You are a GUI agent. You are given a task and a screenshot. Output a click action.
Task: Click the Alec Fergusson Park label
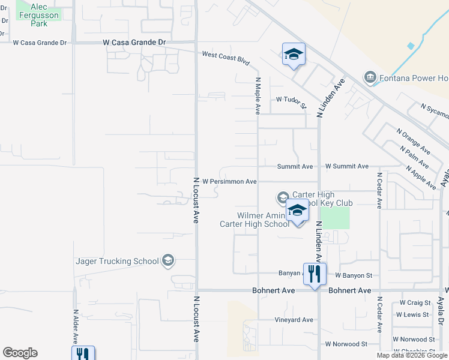[x=40, y=14]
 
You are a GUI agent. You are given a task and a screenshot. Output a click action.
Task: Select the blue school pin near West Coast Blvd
[x=294, y=55]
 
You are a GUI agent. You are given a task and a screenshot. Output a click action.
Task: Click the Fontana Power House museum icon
[x=370, y=77]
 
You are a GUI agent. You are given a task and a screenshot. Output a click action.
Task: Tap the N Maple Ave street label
[x=258, y=95]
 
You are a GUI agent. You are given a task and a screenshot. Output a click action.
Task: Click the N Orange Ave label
[x=412, y=140]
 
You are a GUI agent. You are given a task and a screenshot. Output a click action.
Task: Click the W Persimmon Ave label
[x=229, y=181]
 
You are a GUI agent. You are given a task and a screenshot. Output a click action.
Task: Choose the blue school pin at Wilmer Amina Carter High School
[x=297, y=212]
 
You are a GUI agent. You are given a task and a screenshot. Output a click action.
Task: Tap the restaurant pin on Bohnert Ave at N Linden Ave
[x=315, y=274]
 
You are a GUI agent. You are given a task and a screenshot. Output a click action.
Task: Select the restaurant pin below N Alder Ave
[x=83, y=354]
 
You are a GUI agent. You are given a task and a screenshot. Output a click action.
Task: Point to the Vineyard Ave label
[x=294, y=320]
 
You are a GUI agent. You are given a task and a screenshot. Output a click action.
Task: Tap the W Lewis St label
[x=412, y=314]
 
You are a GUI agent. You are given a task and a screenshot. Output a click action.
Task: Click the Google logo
[x=20, y=353]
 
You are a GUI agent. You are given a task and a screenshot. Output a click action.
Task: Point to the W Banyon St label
[x=354, y=275]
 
